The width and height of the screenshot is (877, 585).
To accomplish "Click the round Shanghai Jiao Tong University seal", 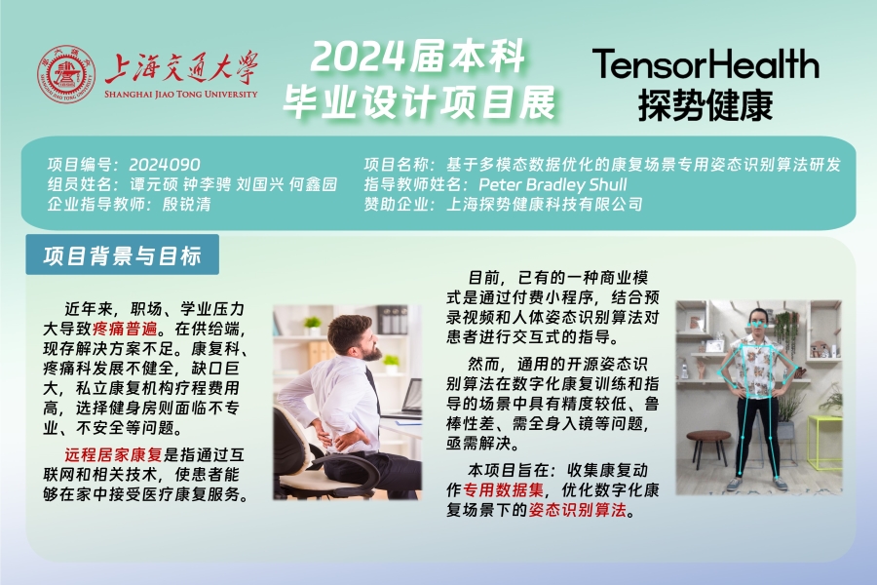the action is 66,74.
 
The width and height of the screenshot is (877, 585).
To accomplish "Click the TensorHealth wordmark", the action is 705,63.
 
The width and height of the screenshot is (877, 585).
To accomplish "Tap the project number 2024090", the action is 165,165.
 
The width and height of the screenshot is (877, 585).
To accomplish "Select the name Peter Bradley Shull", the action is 553,184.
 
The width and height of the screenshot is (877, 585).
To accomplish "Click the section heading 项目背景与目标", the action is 122,255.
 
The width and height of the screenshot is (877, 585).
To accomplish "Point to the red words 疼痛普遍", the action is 126,328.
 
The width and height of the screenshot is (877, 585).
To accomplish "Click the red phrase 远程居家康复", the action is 113,454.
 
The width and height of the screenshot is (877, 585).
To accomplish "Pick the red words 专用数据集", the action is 504,489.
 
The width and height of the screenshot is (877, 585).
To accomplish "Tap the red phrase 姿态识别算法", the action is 578,510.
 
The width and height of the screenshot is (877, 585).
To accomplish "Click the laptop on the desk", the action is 407,399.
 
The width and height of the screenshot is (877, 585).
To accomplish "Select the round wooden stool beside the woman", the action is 707,448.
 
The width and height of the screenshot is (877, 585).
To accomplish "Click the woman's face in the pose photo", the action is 757,322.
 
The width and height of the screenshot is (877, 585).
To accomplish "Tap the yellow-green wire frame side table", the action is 823,443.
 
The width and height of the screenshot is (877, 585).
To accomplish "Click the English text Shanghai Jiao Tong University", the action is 180,94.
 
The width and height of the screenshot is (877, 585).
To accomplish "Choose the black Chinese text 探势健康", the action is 705,104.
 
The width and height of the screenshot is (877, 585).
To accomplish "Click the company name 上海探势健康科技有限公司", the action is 544,204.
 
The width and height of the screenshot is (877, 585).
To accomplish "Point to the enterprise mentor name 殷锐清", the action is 187,204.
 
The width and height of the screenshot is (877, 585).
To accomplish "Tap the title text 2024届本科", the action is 418,58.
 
